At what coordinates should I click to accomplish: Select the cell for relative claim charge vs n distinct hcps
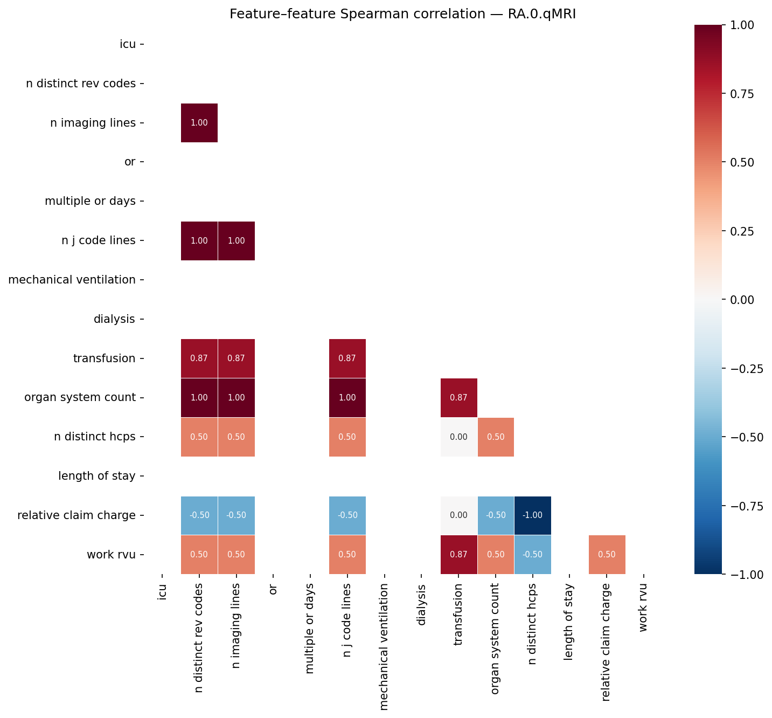click(x=532, y=515)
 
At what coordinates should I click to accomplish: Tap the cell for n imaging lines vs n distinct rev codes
click(x=199, y=123)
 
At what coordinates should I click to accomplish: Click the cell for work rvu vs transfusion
click(x=458, y=555)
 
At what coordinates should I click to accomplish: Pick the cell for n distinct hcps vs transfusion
click(x=458, y=437)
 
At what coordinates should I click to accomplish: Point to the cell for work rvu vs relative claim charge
click(x=607, y=555)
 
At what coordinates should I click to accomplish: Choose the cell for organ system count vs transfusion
click(x=458, y=398)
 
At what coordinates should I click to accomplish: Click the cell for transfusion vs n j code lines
click(x=347, y=358)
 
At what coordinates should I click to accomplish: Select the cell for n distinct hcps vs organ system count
click(x=496, y=437)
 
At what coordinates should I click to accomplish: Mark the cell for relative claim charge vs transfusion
click(x=458, y=515)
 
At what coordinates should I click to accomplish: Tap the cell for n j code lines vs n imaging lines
click(x=236, y=241)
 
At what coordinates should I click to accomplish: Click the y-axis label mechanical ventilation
click(x=72, y=280)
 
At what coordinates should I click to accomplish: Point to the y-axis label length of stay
click(x=97, y=476)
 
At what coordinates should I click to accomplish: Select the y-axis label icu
click(x=128, y=44)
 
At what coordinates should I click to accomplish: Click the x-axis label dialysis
click(x=421, y=605)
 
